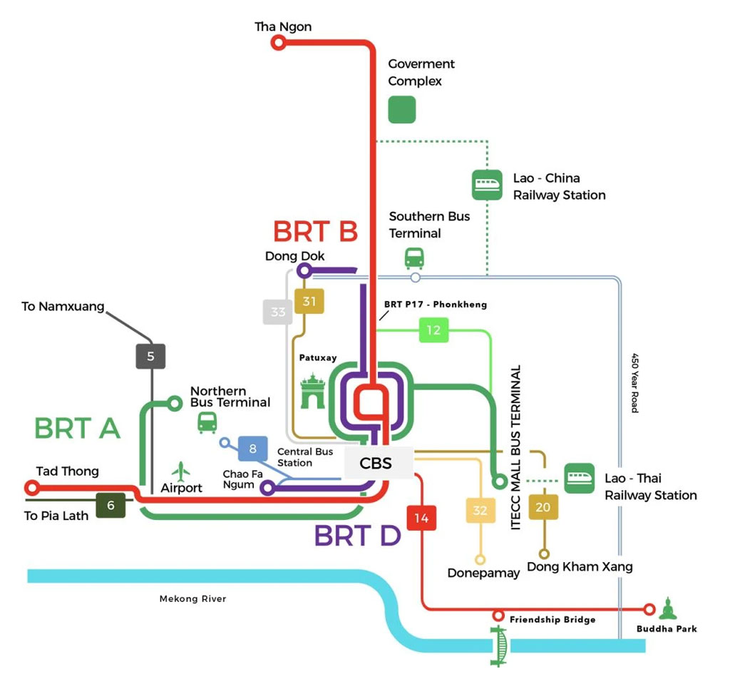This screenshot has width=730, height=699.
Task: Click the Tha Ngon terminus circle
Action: (x=279, y=44)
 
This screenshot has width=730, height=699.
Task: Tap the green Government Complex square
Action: (x=401, y=110)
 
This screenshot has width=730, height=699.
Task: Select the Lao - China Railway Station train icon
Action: (x=487, y=185)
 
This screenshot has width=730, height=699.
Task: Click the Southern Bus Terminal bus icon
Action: (x=414, y=257)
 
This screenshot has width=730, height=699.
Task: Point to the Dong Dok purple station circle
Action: (x=304, y=271)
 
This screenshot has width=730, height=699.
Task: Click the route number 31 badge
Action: (x=309, y=301)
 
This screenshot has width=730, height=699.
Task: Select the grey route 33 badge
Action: (x=278, y=312)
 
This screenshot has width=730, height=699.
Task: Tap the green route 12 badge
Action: (x=433, y=330)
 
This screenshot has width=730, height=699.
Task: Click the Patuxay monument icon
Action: (x=312, y=390)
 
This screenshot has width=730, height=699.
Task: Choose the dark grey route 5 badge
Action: (x=150, y=356)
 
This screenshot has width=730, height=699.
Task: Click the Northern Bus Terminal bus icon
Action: (x=207, y=422)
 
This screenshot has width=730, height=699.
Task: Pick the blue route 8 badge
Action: (x=252, y=449)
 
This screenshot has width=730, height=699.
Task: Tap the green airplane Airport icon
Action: (x=181, y=471)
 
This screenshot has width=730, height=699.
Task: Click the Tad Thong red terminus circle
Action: (x=31, y=488)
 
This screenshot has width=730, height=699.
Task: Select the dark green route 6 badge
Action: (x=110, y=505)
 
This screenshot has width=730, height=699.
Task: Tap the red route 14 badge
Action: (x=421, y=518)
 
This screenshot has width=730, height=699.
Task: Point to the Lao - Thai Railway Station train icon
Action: (x=579, y=478)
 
